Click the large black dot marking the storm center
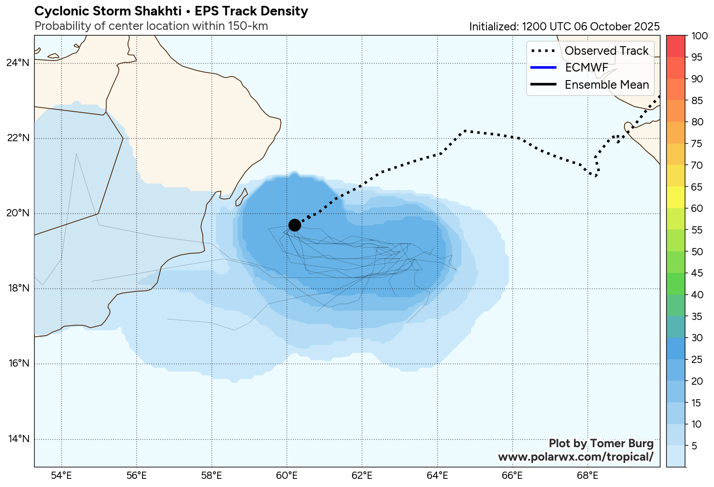(x=295, y=225)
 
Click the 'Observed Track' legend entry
(x=606, y=51)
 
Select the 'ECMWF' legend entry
(x=586, y=68)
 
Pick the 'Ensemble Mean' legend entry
(x=606, y=85)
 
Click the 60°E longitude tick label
(x=287, y=476)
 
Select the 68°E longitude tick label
(x=588, y=476)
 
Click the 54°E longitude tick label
(x=61, y=476)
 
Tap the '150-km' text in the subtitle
(x=248, y=26)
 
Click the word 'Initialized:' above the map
(x=494, y=27)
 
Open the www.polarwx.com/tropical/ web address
(x=576, y=457)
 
